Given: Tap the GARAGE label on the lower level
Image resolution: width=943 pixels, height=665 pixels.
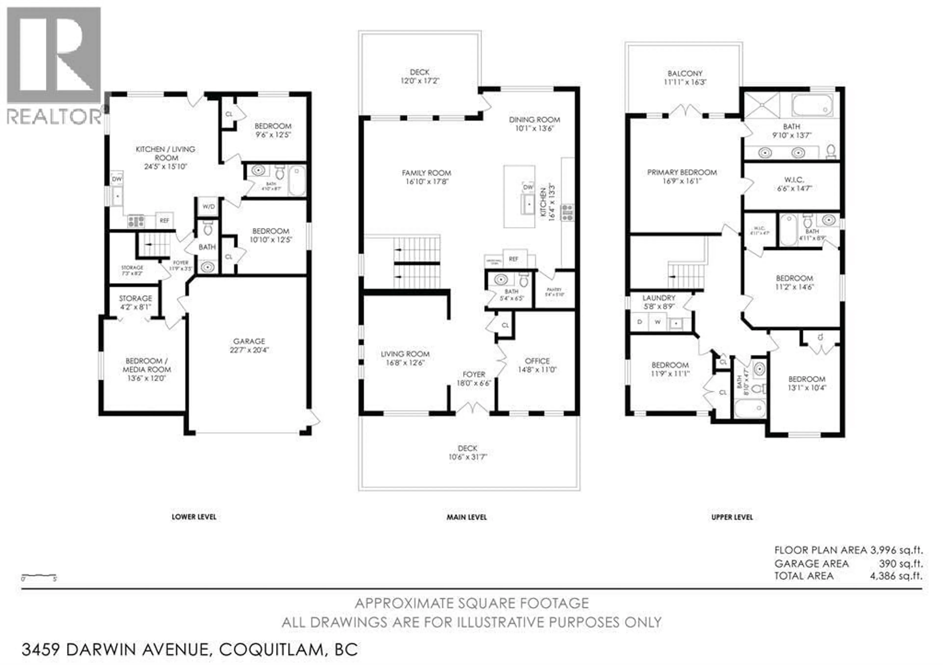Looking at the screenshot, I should pos(249,341).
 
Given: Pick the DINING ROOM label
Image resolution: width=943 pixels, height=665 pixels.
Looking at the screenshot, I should pos(534,120).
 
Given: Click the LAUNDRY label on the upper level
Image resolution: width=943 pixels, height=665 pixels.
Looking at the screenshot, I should pos(659,298).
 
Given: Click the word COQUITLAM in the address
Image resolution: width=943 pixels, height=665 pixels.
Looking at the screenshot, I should pos(271,649).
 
